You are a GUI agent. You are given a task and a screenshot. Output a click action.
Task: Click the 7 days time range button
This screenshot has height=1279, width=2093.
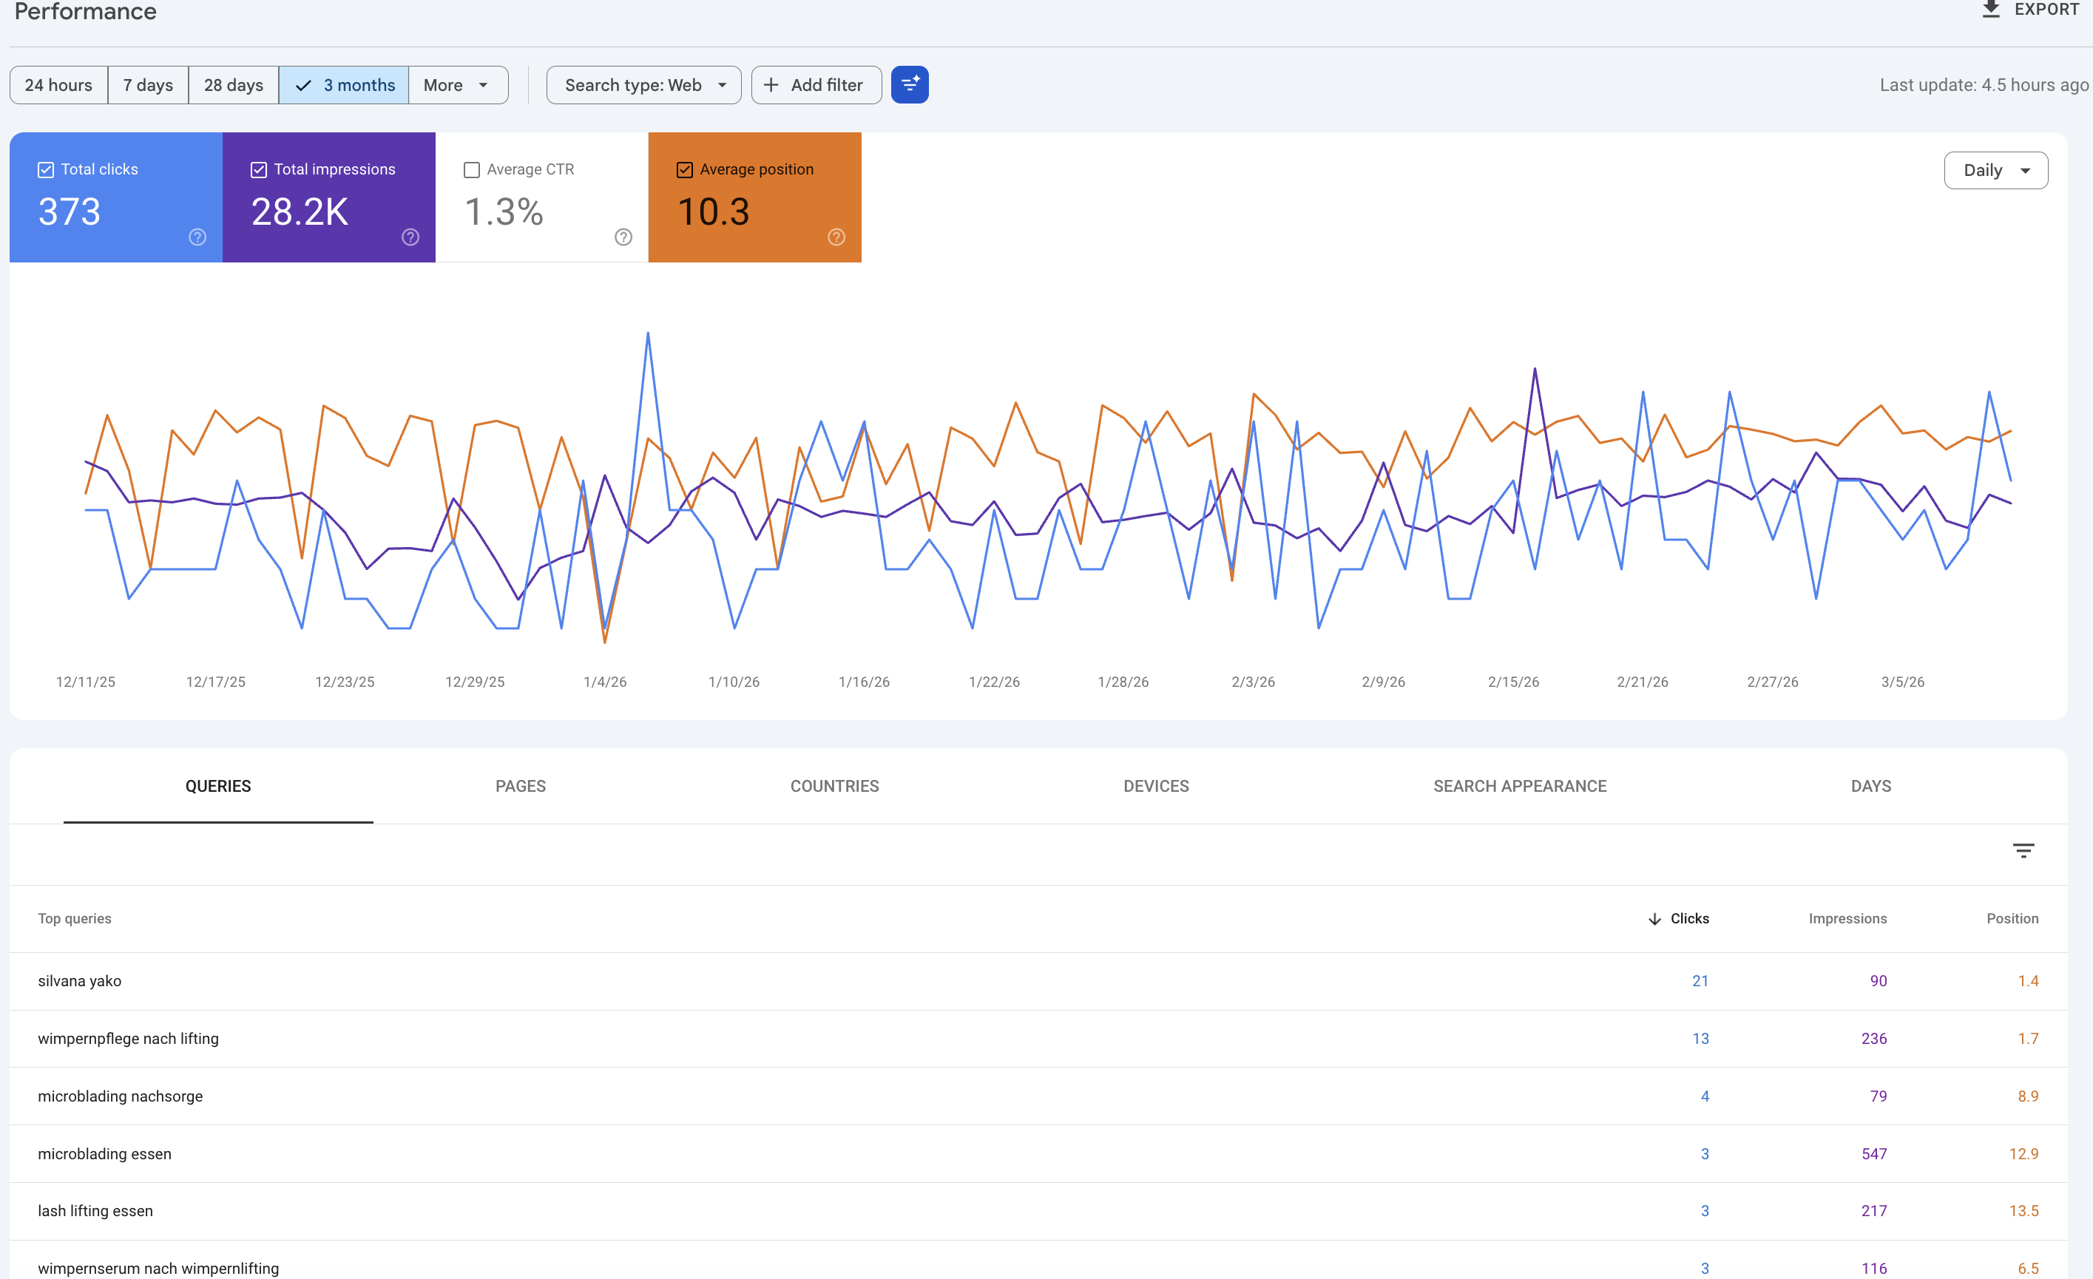tap(148, 85)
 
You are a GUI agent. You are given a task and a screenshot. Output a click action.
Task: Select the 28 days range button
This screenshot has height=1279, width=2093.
tap(234, 85)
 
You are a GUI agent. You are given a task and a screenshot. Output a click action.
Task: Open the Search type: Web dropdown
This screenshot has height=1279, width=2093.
tap(643, 85)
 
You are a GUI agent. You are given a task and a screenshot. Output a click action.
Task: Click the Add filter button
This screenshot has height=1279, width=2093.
tap(816, 85)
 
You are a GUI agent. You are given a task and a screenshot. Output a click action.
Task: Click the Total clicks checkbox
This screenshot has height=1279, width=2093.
tap(46, 170)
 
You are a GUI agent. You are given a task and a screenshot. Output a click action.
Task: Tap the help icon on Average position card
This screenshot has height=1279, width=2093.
tap(836, 237)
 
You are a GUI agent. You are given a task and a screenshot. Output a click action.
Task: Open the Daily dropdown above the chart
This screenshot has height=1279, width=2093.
tap(1995, 171)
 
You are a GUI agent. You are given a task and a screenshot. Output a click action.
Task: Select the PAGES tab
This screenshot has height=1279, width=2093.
tap(520, 787)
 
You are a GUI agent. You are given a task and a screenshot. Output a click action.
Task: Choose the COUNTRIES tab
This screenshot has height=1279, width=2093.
tap(834, 787)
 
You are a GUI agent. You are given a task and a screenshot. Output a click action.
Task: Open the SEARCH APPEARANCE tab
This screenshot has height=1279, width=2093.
tap(1520, 787)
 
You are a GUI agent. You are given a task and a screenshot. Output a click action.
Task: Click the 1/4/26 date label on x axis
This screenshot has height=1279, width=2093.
tap(605, 682)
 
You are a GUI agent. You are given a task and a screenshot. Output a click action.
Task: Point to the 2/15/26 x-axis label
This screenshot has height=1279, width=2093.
tap(1513, 682)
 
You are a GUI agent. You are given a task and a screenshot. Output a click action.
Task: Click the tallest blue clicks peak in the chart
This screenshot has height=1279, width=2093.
tap(648, 333)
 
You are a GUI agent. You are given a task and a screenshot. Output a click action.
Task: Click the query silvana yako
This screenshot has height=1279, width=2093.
tap(80, 981)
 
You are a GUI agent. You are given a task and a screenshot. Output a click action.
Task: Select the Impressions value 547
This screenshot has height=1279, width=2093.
tap(1873, 1154)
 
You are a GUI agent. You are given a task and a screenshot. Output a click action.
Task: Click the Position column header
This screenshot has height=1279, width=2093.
tap(2012, 919)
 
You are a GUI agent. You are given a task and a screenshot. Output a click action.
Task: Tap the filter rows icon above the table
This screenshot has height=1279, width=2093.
tap(2023, 851)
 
